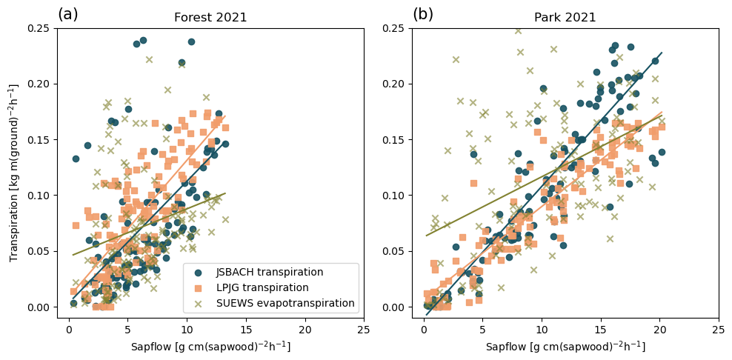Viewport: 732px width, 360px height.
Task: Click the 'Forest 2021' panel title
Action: click(x=210, y=18)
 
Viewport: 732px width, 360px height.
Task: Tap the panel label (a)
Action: click(x=67, y=14)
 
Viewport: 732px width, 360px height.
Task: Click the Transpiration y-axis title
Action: click(x=15, y=173)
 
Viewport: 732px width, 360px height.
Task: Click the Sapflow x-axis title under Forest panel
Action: click(x=210, y=347)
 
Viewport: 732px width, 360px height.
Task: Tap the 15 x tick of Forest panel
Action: click(x=245, y=329)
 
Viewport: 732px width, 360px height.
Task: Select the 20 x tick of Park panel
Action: click(x=659, y=329)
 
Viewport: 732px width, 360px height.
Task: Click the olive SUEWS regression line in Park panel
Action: click(x=541, y=175)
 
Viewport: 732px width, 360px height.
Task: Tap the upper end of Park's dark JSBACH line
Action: click(x=661, y=53)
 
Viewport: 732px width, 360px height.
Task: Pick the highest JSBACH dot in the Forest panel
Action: click(x=143, y=40)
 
